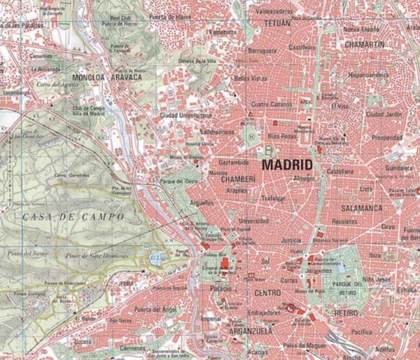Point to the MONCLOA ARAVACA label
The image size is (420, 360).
(x=106, y=76)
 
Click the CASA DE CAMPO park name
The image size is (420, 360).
(x=73, y=217)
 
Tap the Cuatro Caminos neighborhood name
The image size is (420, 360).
(x=270, y=105)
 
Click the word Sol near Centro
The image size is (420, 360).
(x=265, y=261)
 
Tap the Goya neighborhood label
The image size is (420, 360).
(x=388, y=227)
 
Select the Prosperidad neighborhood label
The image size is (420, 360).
(x=386, y=138)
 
